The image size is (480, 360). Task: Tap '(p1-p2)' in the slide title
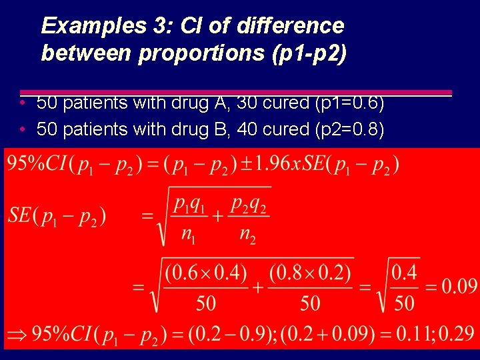click(x=309, y=53)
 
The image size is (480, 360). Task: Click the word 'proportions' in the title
click(x=203, y=53)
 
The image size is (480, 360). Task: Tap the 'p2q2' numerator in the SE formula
click(x=248, y=205)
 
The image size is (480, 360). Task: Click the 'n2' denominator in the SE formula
click(x=249, y=234)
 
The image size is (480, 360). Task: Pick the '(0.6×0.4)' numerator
click(x=206, y=273)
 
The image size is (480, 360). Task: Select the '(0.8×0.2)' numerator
click(x=311, y=273)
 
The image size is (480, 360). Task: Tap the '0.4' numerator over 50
click(x=405, y=273)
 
